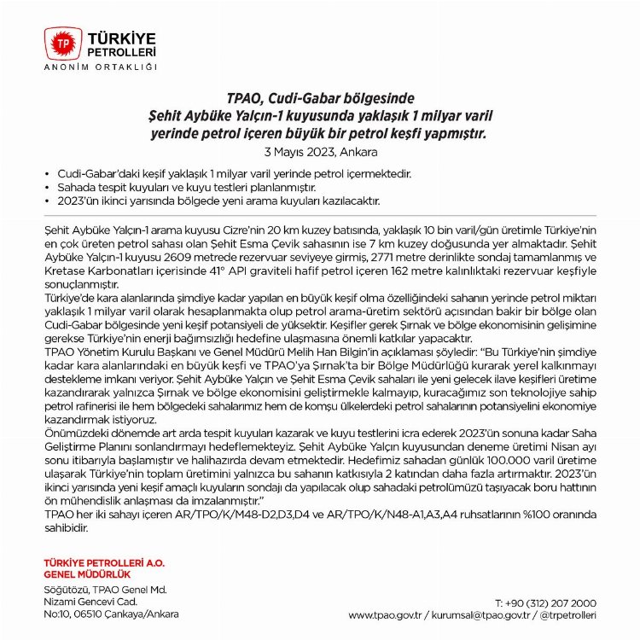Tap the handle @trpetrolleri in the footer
tap(568, 614)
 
